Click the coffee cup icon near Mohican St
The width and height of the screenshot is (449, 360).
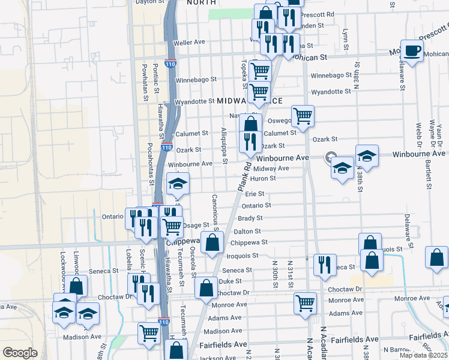(412, 50)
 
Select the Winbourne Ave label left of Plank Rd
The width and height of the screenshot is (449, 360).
(190, 163)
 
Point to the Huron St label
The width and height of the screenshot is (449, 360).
(264, 178)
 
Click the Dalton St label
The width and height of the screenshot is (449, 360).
(247, 231)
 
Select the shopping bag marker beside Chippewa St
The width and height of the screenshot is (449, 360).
(212, 242)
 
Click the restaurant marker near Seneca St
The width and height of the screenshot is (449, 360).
(325, 264)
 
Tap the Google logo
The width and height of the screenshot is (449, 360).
(20, 352)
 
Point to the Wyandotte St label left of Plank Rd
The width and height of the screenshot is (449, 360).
(194, 102)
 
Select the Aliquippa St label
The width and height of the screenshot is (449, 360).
(224, 146)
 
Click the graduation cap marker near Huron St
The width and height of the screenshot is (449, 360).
(178, 184)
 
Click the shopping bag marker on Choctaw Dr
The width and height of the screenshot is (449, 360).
(206, 287)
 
